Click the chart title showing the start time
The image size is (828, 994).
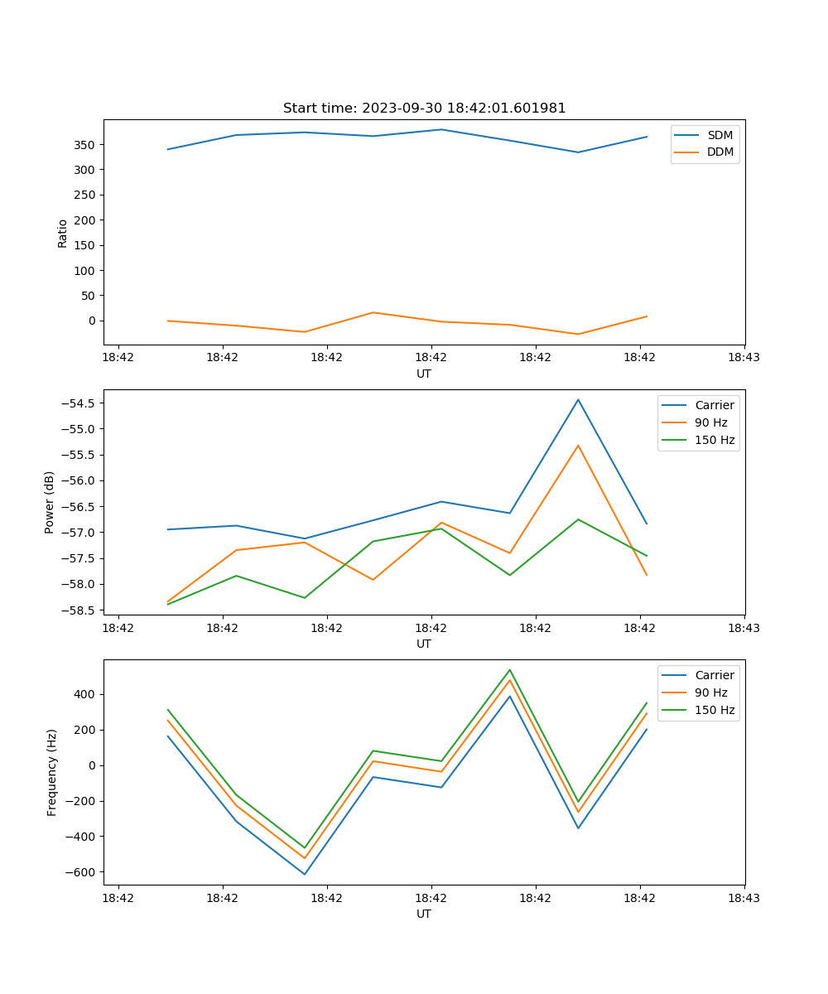point(424,109)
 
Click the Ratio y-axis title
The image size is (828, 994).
point(63,233)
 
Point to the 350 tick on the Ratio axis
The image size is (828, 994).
point(86,145)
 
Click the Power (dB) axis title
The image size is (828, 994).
point(50,502)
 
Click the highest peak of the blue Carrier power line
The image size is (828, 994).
point(578,399)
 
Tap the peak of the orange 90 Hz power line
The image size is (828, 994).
point(578,446)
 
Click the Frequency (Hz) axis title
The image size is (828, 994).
point(52,772)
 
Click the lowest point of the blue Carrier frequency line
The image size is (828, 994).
point(305,874)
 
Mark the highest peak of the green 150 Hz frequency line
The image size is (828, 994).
point(509,670)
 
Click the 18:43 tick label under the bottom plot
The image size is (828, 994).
point(744,897)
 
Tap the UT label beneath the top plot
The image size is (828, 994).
point(424,374)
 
